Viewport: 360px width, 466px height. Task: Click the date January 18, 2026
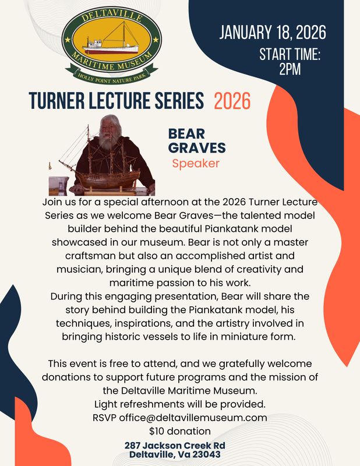pyautogui.click(x=272, y=32)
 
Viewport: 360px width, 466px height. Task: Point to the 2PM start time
pyautogui.click(x=290, y=69)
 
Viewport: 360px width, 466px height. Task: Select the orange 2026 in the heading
pyautogui.click(x=232, y=101)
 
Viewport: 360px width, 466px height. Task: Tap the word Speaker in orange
pyautogui.click(x=195, y=163)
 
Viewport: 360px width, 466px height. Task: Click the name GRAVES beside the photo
pyautogui.click(x=197, y=148)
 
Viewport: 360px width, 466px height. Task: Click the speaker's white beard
pyautogui.click(x=105, y=140)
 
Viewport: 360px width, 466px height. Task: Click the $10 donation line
pyautogui.click(x=180, y=432)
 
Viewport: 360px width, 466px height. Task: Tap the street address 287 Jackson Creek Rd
pyautogui.click(x=175, y=446)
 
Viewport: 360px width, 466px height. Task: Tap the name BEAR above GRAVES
pyautogui.click(x=187, y=133)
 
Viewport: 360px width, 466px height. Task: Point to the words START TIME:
pyautogui.click(x=290, y=55)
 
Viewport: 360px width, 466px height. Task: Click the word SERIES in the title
pyautogui.click(x=179, y=101)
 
